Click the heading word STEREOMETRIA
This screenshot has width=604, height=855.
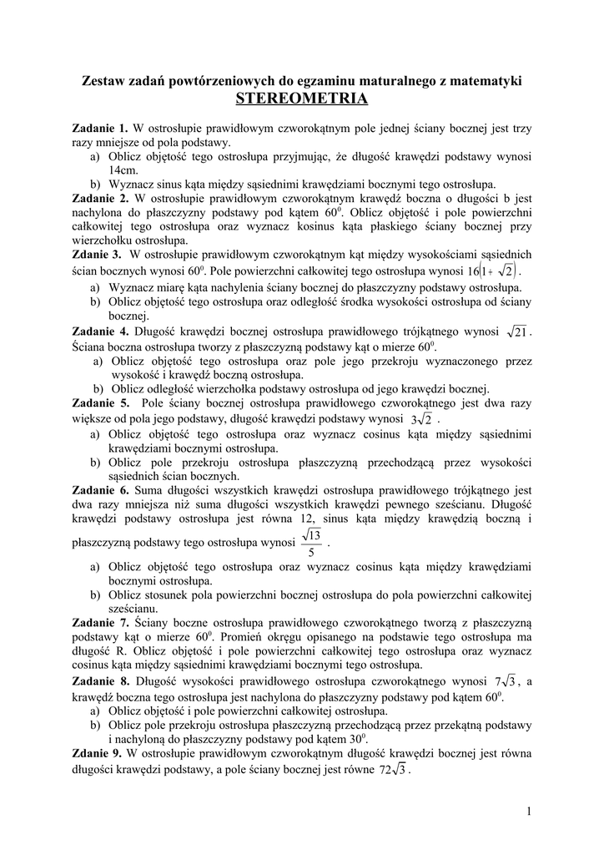pos(301,99)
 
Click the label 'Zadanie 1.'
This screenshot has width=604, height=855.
pos(99,129)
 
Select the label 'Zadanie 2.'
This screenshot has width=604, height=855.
pos(99,199)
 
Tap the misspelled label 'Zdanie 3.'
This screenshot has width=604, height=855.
pos(97,254)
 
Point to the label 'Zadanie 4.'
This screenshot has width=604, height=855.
pos(99,331)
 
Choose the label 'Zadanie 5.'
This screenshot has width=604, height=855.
pos(99,402)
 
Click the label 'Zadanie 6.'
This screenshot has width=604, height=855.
pos(99,490)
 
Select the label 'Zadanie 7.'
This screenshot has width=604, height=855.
pos(99,622)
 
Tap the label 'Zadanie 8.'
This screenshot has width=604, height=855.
pos(99,682)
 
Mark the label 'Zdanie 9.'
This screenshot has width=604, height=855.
pos(97,753)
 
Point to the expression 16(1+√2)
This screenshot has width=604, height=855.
pos(493,271)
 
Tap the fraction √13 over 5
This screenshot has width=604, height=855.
pos(311,544)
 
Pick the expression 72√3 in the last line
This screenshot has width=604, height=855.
pos(392,770)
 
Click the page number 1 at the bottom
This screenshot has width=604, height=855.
pos(529,811)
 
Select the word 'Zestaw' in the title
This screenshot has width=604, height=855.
pos(102,81)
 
